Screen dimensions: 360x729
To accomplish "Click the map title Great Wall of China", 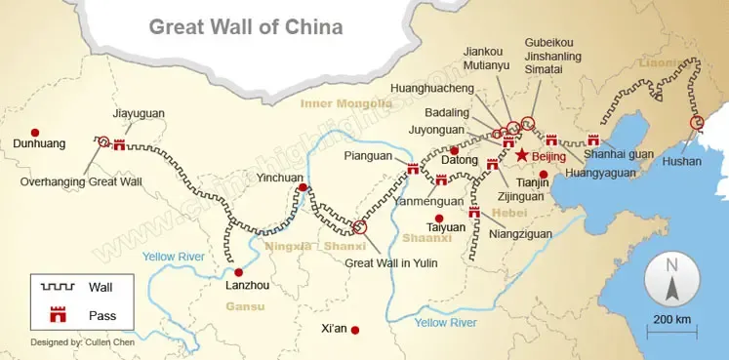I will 245,26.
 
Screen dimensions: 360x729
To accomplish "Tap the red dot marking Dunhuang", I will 35,133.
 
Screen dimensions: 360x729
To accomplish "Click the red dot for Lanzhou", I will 237,272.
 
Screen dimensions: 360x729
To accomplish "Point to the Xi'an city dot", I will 355,330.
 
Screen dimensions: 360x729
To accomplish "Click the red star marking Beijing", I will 522,155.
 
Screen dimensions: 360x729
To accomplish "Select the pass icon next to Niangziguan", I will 475,213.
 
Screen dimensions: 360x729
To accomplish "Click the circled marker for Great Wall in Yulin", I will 359,227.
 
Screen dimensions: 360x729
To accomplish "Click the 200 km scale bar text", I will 671,320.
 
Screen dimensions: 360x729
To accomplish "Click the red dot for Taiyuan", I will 439,218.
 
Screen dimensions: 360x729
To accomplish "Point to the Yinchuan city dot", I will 304,187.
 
